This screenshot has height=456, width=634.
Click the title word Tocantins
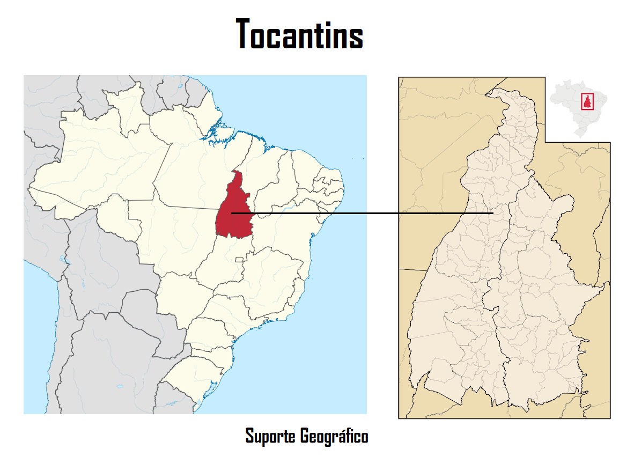(x=300, y=34)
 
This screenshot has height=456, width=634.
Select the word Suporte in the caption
(x=270, y=436)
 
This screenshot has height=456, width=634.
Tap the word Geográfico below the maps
(x=334, y=436)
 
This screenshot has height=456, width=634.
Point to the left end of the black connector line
(x=232, y=213)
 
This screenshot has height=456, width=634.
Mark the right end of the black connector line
(x=492, y=213)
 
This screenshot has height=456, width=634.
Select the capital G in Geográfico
(x=305, y=436)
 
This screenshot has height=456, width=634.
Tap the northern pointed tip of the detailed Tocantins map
(x=488, y=95)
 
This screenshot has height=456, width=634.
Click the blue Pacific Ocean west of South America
(x=38, y=333)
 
